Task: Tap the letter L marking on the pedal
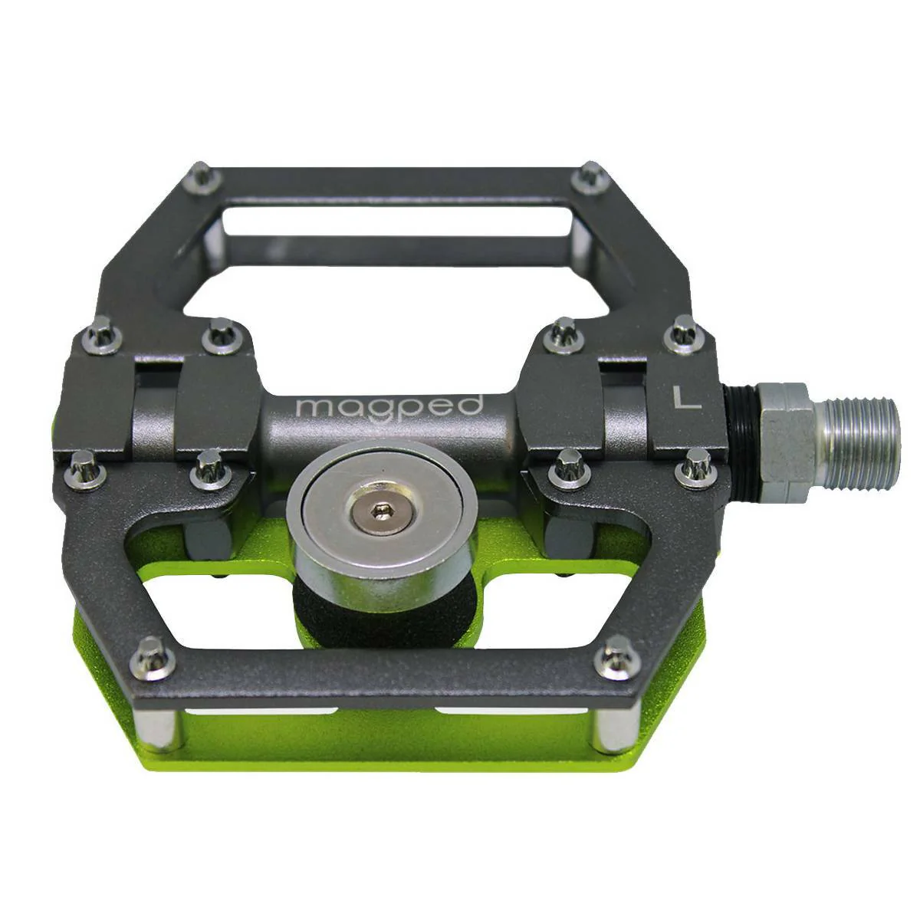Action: point(686,396)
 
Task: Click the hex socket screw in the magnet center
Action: point(379,512)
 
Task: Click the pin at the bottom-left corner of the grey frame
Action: point(153,659)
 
